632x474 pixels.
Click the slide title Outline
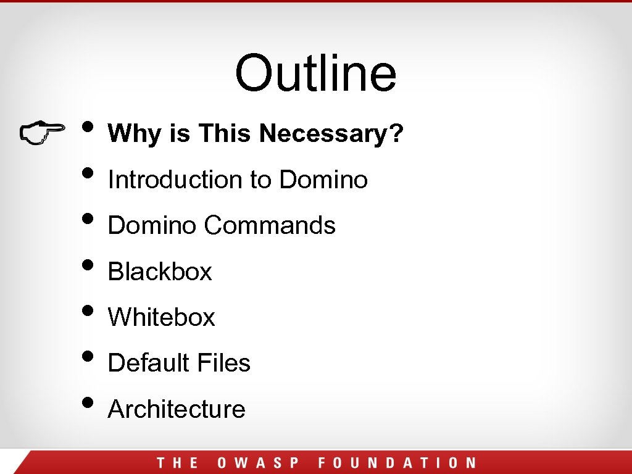click(x=315, y=73)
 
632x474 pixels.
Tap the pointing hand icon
click(x=42, y=133)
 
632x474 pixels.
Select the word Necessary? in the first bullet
click(x=331, y=133)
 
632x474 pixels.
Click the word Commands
click(x=270, y=225)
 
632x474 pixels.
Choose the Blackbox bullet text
click(x=160, y=272)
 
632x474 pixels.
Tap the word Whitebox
click(x=162, y=317)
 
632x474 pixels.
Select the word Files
click(x=224, y=363)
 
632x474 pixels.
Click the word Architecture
click(x=177, y=409)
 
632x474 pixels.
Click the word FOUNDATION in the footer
click(x=397, y=463)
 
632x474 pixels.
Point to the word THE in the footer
click(x=177, y=463)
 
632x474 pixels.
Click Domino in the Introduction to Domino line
click(x=323, y=180)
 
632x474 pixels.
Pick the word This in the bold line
click(x=225, y=133)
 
